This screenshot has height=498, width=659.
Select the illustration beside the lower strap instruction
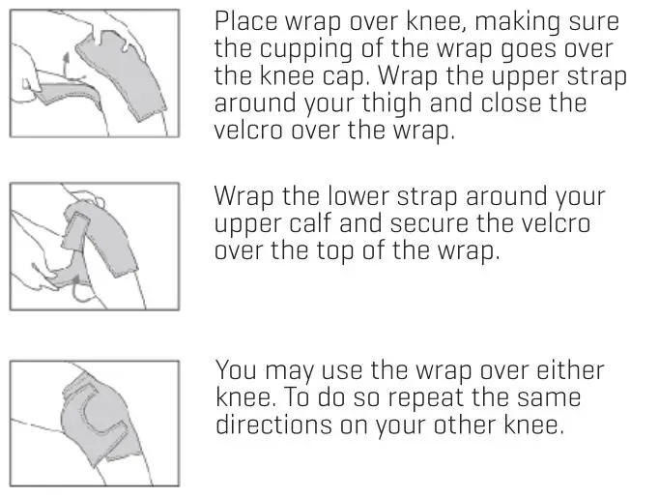95,248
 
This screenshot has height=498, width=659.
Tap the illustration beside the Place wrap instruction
95,73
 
